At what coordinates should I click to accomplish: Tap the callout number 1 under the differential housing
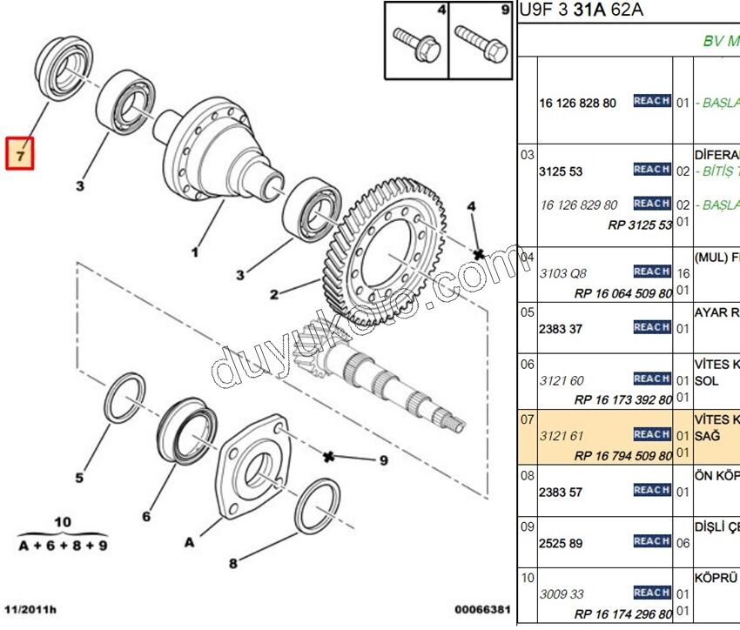(195, 252)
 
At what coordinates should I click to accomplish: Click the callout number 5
(79, 477)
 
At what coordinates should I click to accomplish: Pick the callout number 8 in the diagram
(232, 563)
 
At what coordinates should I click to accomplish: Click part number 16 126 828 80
(576, 103)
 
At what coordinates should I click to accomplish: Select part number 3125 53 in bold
(561, 171)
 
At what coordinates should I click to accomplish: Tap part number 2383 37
(561, 329)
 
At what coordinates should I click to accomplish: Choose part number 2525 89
(561, 543)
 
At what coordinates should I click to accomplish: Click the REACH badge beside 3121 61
(651, 433)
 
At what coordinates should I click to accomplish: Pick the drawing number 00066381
(481, 610)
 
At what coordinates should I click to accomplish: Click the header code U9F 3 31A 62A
(581, 10)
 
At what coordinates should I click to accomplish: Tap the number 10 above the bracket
(63, 522)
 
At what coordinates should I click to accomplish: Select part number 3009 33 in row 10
(562, 594)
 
